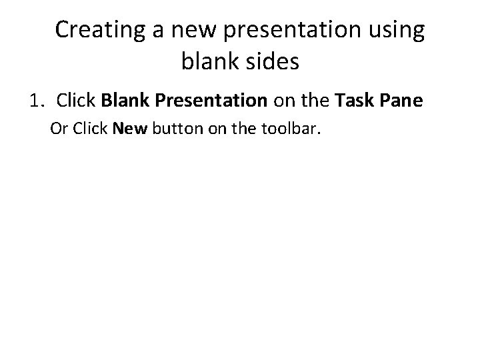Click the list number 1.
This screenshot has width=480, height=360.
point(36,101)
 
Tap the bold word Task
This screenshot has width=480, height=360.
point(353,101)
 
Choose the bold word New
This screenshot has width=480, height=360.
point(131,128)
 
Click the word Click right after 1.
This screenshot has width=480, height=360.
point(77,101)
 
